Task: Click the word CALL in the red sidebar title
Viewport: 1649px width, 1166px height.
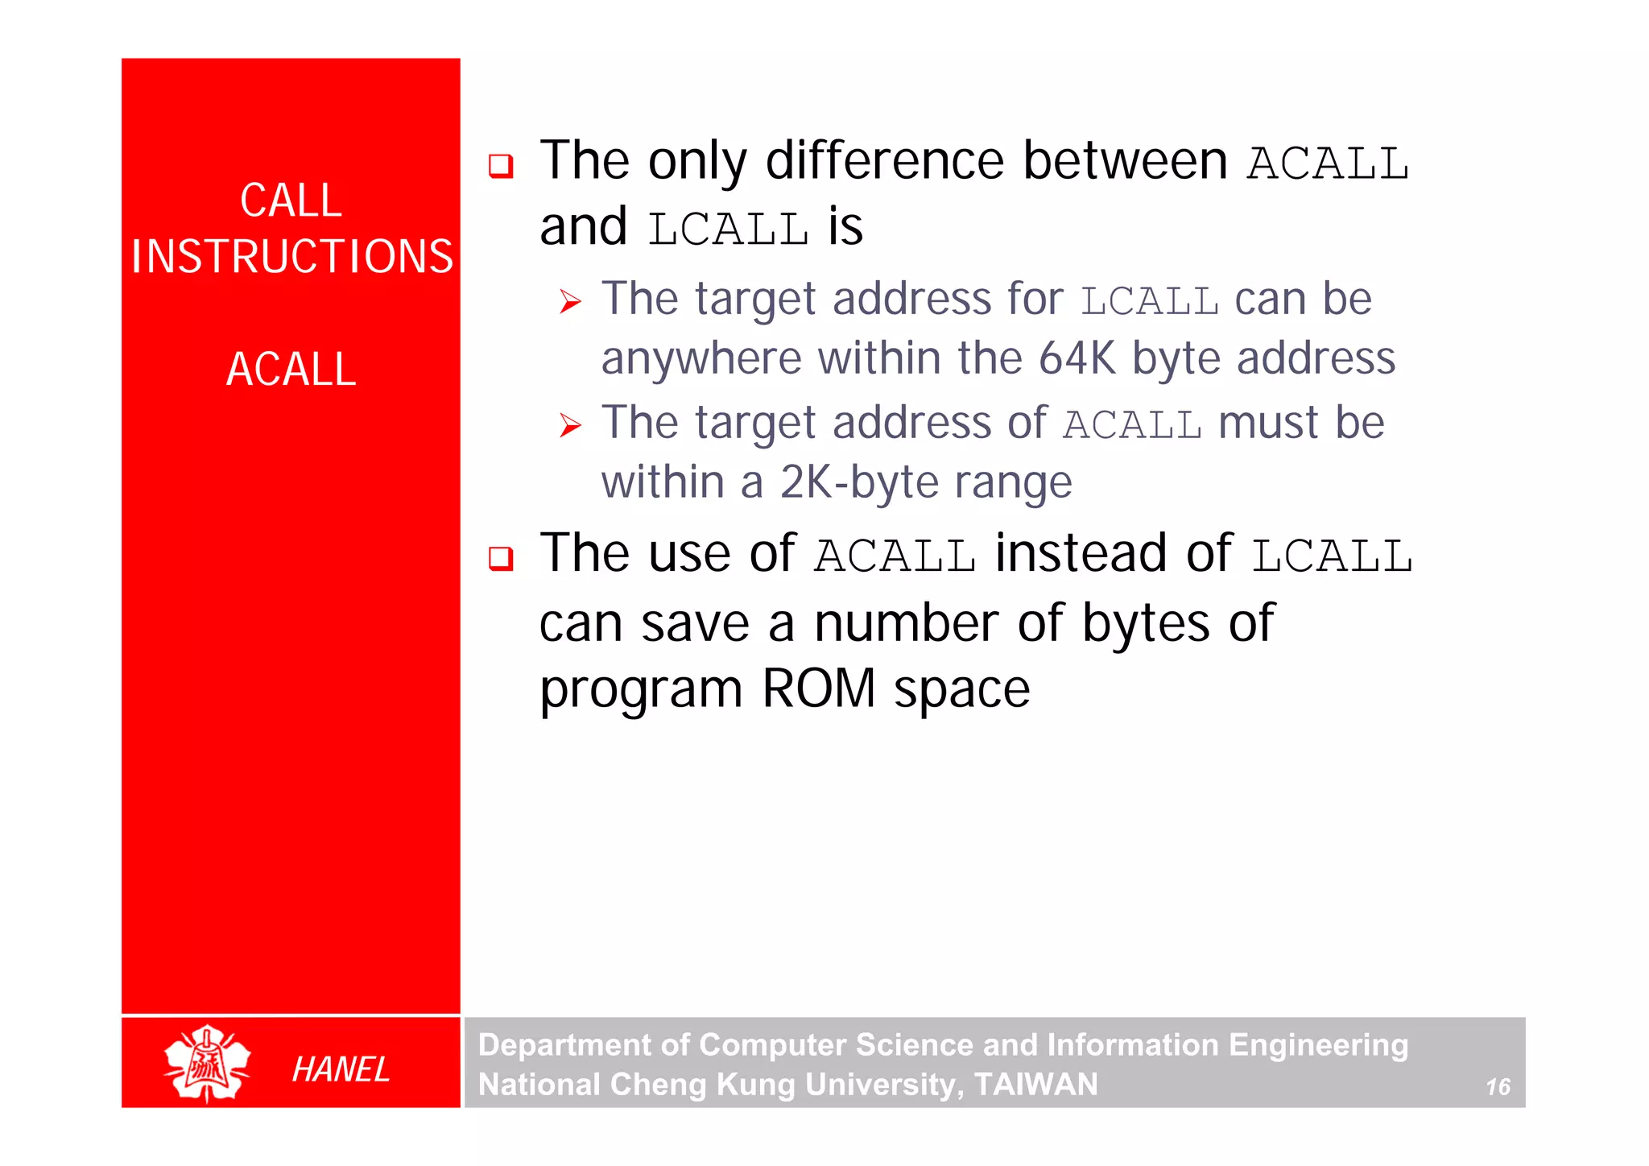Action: pyautogui.click(x=291, y=201)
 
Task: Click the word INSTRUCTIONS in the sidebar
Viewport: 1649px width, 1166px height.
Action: pyautogui.click(x=292, y=257)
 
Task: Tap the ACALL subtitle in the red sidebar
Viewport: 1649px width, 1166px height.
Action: pyautogui.click(x=291, y=370)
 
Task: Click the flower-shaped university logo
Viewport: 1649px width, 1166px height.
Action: pyautogui.click(x=207, y=1064)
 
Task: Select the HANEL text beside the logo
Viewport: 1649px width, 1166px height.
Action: pyautogui.click(x=341, y=1069)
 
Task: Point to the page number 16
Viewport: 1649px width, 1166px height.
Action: pyautogui.click(x=1498, y=1087)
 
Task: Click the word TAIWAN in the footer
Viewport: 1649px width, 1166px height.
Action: pyautogui.click(x=1035, y=1085)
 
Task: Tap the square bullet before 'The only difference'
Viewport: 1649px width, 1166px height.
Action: pyautogui.click(x=501, y=166)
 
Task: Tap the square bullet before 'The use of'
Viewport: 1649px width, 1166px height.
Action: pyautogui.click(x=501, y=557)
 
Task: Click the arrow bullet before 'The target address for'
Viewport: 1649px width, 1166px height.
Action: pyautogui.click(x=570, y=303)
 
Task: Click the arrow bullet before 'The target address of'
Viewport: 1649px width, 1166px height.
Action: pyautogui.click(x=570, y=425)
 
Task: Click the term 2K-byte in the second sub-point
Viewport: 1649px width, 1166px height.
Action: pyautogui.click(x=858, y=482)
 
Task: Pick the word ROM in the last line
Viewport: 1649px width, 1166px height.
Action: pyautogui.click(x=818, y=689)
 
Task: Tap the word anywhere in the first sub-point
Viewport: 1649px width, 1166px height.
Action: pyautogui.click(x=701, y=359)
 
